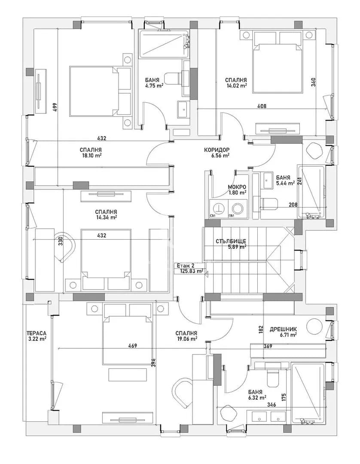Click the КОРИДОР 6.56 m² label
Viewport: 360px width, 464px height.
click(x=217, y=153)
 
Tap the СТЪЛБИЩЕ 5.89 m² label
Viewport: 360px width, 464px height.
click(x=231, y=244)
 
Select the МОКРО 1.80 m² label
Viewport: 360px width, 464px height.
click(x=237, y=190)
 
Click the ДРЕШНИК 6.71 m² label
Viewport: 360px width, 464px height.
click(x=283, y=332)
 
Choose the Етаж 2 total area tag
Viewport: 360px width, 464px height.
click(x=189, y=268)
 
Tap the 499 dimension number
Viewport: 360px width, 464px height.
click(x=55, y=107)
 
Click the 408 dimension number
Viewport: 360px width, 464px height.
click(x=262, y=106)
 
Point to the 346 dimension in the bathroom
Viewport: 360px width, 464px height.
click(x=271, y=405)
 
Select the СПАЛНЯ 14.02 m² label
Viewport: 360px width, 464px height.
click(x=236, y=83)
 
